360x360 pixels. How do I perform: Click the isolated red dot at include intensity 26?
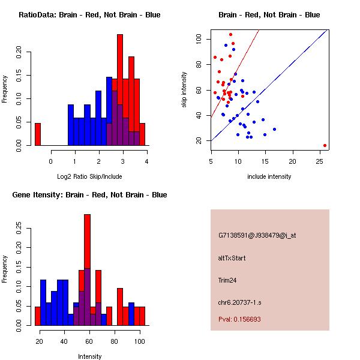coord(325,145)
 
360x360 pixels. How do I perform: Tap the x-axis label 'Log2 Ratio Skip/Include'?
coord(89,176)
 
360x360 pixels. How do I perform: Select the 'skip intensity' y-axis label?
coord(184,90)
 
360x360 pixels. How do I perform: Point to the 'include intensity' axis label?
coord(269,176)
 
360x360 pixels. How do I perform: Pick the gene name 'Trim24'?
coord(229,280)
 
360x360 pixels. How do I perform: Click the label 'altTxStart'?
coord(232,258)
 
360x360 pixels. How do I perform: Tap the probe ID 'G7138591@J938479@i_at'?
coord(257,235)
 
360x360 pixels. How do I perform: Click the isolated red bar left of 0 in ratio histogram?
coord(38,134)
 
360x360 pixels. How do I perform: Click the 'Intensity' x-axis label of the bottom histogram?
coord(89,356)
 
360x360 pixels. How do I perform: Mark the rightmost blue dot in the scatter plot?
coord(274,129)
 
